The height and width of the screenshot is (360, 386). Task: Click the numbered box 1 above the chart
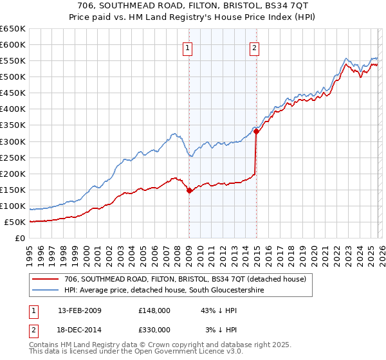(x=187, y=47)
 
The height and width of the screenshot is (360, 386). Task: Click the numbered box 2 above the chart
(x=255, y=47)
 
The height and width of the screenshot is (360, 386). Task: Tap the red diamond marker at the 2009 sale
(x=189, y=190)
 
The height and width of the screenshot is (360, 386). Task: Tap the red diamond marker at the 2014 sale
(x=256, y=131)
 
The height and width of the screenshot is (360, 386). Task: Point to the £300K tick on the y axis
(x=12, y=141)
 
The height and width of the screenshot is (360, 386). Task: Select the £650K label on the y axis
(x=12, y=29)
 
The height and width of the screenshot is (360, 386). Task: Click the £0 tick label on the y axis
(x=19, y=239)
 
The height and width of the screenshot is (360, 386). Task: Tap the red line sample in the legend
(x=46, y=278)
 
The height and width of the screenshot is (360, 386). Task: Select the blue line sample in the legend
(x=46, y=291)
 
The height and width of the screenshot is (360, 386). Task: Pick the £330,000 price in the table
(x=154, y=330)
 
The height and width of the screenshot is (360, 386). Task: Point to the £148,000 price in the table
(x=154, y=310)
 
